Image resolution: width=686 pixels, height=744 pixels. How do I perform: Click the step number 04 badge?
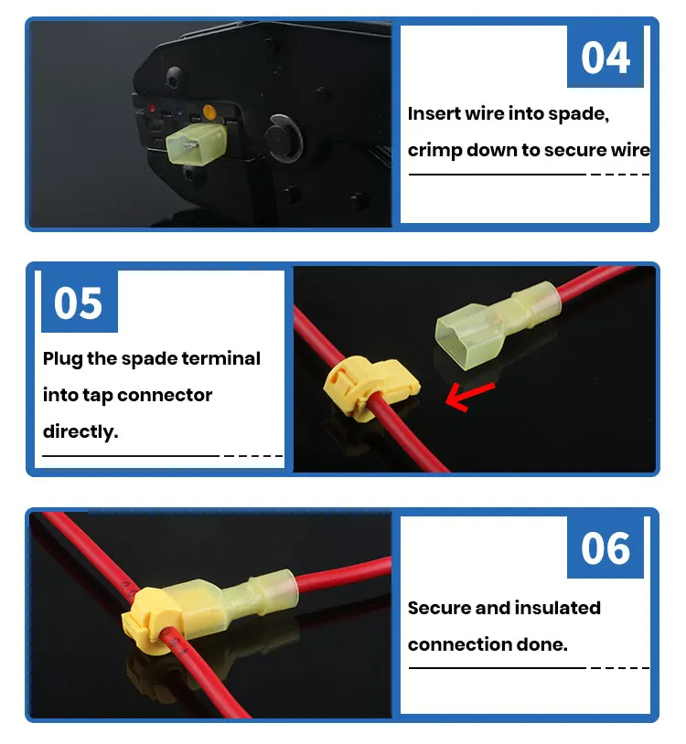606,57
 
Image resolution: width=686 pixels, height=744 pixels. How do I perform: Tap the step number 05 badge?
79,302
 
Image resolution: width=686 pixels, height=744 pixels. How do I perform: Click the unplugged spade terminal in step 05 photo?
489,320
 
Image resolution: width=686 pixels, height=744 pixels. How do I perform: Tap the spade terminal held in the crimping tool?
196,144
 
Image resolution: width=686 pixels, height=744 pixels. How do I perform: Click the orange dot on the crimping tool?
209,114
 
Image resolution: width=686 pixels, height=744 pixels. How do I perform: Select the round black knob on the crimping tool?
284,142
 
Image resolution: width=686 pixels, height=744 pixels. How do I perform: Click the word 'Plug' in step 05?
62,359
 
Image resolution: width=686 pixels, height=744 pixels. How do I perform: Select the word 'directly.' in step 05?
80,431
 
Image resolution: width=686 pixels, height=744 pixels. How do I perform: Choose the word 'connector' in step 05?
165,396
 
